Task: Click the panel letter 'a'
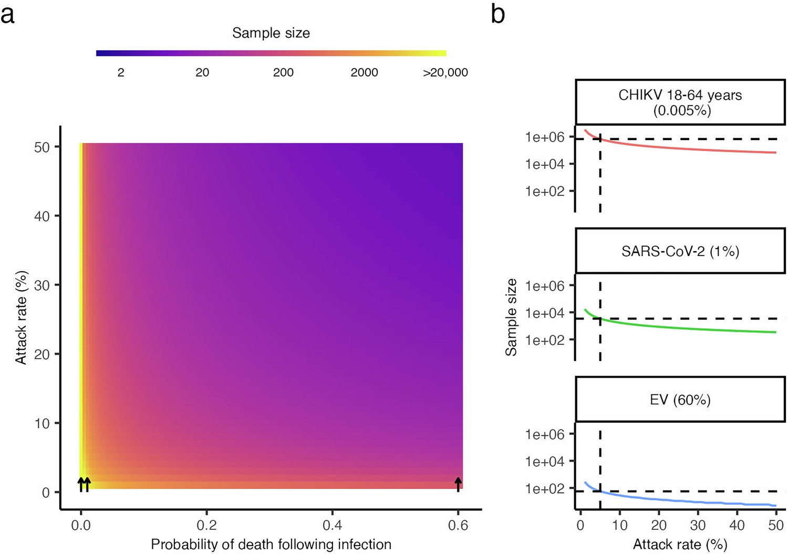[7, 15]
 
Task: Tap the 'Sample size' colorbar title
[271, 33]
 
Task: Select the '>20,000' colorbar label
[445, 73]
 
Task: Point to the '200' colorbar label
[283, 73]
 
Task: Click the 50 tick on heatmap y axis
[42, 147]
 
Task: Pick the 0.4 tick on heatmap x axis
[332, 525]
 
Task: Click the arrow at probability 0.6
[458, 484]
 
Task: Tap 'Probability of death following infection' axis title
[271, 545]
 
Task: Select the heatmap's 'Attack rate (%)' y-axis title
[21, 317]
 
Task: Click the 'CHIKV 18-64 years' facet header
[680, 102]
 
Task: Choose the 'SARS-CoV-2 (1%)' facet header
[680, 251]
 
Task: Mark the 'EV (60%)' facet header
[680, 400]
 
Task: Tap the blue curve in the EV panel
[683, 501]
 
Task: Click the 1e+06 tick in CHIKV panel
[545, 137]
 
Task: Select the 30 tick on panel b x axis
[698, 525]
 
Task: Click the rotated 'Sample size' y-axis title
[511, 317]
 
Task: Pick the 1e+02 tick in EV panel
[545, 488]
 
